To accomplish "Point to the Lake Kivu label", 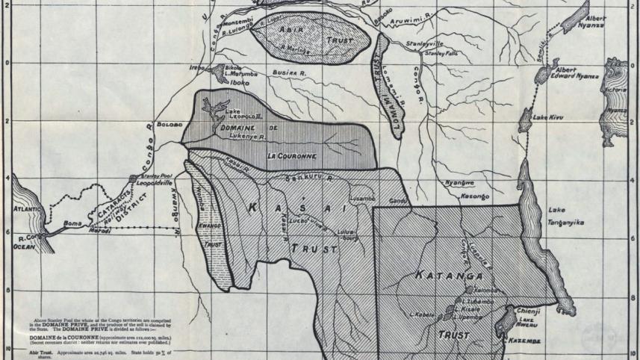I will [x=547, y=118].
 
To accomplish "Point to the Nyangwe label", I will [x=459, y=183].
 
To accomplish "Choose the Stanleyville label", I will [x=424, y=45].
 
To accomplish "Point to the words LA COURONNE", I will [x=292, y=156].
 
